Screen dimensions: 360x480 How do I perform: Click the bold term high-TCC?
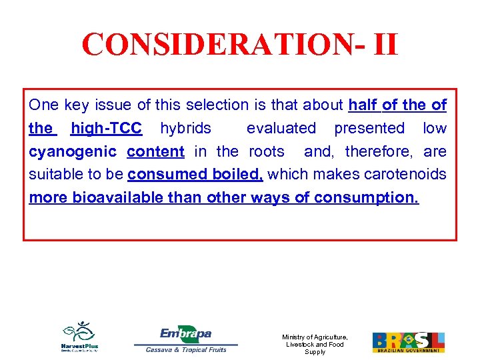point(106,128)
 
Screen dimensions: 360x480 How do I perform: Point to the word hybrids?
point(185,128)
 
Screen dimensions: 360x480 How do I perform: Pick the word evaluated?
point(281,128)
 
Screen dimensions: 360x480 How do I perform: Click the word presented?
point(369,128)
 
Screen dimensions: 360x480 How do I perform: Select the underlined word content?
point(155,151)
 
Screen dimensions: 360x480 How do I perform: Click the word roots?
point(267,151)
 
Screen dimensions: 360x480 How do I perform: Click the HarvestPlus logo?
point(79,337)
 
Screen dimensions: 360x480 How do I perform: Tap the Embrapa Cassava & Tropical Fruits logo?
point(186,339)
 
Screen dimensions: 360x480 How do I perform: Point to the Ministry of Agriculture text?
point(315,344)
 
